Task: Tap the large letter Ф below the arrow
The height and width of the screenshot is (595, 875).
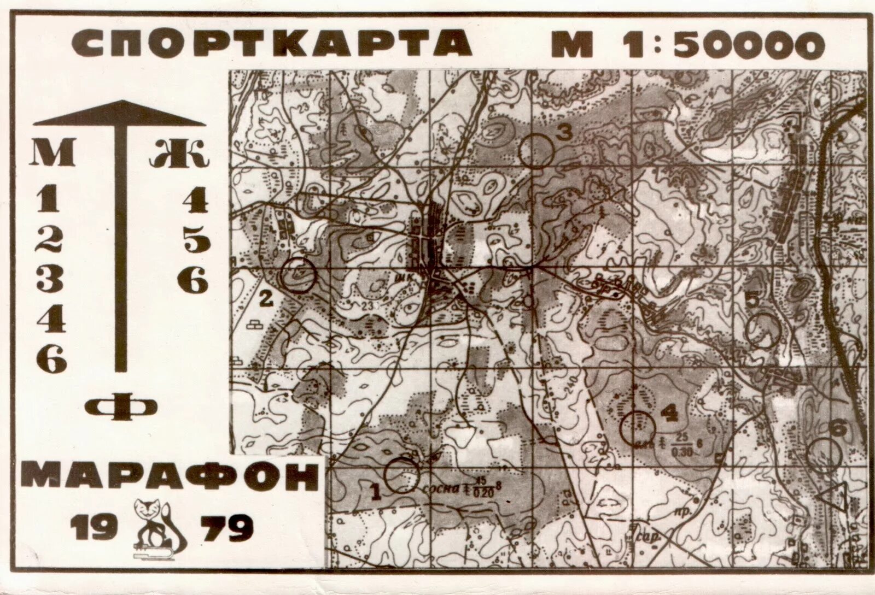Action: (x=121, y=408)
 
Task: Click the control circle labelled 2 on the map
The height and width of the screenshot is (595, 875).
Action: (x=299, y=274)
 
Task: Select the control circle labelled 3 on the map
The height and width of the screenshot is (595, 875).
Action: (x=537, y=150)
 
